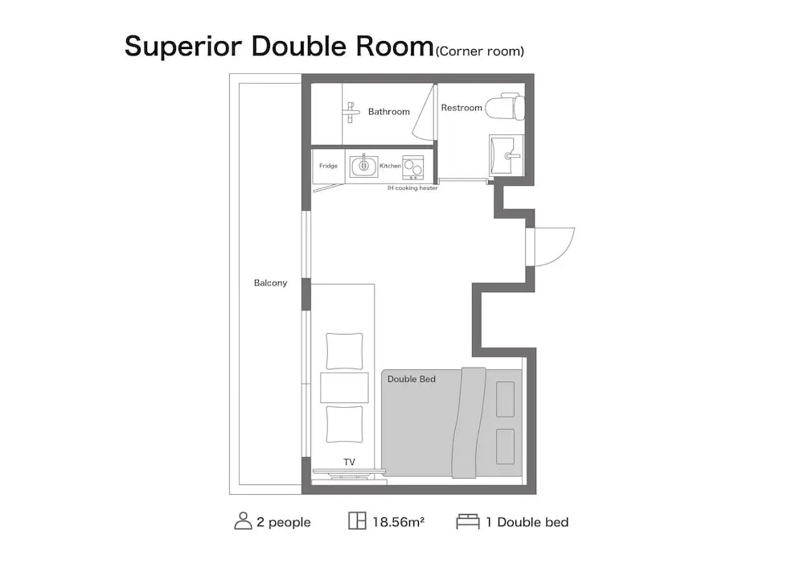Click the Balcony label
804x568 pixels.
click(270, 282)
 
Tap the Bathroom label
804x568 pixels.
click(388, 111)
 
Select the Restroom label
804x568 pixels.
click(461, 108)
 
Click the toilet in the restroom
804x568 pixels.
click(505, 107)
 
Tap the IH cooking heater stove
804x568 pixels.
click(412, 167)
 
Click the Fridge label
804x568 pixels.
click(328, 166)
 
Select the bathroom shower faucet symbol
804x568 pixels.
click(351, 113)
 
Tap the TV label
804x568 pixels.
click(349, 462)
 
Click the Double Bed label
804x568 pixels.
click(411, 379)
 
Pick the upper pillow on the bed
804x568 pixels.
click(505, 399)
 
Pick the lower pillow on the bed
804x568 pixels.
click(505, 447)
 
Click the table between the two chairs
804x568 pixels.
click(344, 388)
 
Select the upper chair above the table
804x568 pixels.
click(344, 351)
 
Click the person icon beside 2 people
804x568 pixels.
click(243, 521)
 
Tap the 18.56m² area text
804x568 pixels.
click(399, 522)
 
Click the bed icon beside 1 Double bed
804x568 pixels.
click(468, 521)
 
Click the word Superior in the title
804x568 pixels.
click(183, 46)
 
